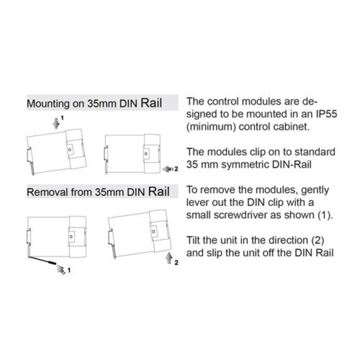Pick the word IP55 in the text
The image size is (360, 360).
tap(322, 113)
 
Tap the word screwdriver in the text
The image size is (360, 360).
tap(241, 215)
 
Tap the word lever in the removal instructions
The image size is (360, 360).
tap(196, 203)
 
